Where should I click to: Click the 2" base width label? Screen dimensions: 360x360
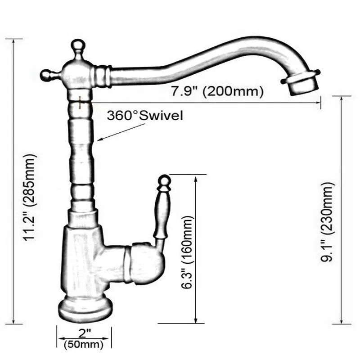pyautogui.click(x=84, y=333)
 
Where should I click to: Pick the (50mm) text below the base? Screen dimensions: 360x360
pyautogui.click(x=84, y=345)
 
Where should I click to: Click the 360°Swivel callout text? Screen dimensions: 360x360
pyautogui.click(x=145, y=115)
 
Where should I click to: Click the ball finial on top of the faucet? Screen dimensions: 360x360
pyautogui.click(x=78, y=46)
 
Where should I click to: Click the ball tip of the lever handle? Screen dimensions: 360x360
pyautogui.click(x=164, y=181)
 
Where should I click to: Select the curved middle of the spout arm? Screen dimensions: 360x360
pyautogui.click(x=198, y=61)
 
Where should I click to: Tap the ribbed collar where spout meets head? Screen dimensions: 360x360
pyautogui.click(x=102, y=76)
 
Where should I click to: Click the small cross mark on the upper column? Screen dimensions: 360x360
pyautogui.click(x=80, y=103)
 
